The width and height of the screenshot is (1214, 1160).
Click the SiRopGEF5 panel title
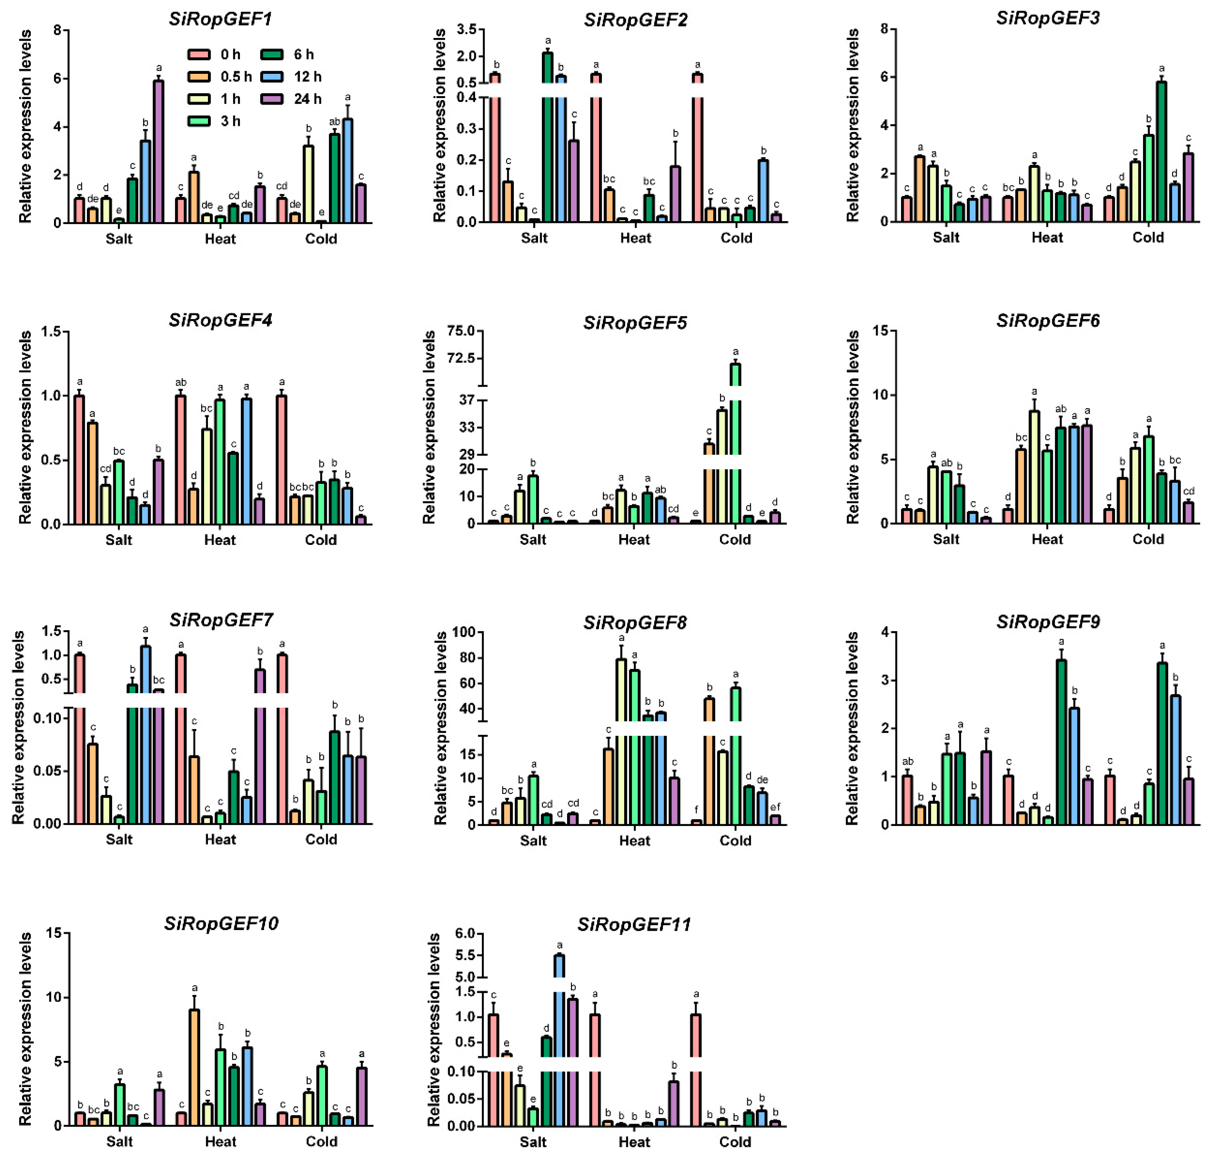coord(635,322)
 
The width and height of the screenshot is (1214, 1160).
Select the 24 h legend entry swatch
coord(272,99)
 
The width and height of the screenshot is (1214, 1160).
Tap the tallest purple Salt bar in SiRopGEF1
coord(158,152)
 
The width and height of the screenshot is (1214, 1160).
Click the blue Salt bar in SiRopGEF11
coord(559,1045)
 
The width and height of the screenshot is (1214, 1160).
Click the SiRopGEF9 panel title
coord(1048,622)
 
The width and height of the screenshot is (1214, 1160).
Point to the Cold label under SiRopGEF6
coord(1148,539)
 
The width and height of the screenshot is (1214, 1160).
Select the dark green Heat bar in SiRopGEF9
coord(1061,742)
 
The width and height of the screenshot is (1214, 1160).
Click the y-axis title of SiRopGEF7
coord(18,727)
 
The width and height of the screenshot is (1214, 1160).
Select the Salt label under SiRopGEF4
coord(119,540)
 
